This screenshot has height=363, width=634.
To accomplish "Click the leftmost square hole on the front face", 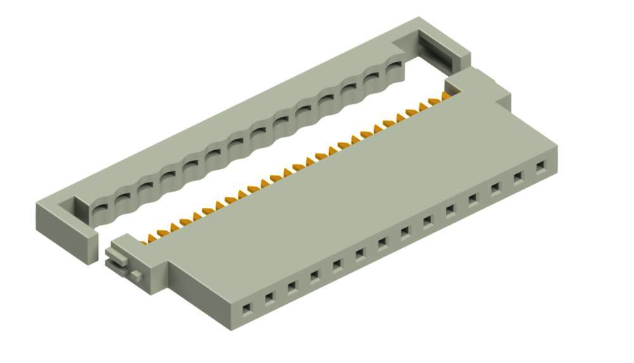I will pos(247,308).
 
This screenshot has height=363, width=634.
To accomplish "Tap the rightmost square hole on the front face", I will pos(541,167).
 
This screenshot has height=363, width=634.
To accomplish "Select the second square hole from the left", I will pos(269,297).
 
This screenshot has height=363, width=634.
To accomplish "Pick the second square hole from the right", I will pos(518,178).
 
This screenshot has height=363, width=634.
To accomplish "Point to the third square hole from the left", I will pos(292,286).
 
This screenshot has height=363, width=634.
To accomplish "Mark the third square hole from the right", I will pos(496,187).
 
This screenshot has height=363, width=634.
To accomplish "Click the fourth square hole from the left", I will pos(314,275).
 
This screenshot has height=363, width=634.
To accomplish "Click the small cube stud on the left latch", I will pos(135,273).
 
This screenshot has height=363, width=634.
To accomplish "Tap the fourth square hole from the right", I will pos(473,199).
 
